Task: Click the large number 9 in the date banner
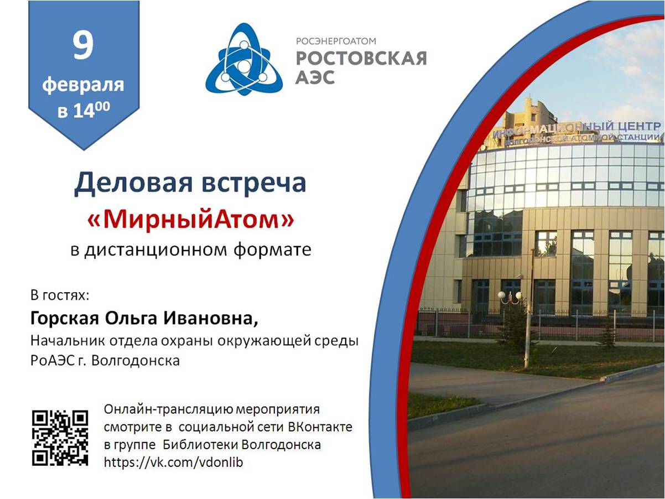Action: tap(82, 46)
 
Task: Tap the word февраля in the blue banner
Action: tap(83, 85)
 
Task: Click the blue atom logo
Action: tap(244, 59)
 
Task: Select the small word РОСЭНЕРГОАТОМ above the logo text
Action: tap(336, 41)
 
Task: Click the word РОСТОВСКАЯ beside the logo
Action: tap(361, 59)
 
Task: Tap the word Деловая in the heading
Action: tap(133, 183)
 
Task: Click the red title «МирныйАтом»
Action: tap(190, 220)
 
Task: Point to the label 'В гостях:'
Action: tap(60, 295)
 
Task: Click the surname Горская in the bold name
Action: tap(65, 319)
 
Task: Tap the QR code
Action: tap(60, 438)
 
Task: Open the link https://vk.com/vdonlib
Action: tap(173, 462)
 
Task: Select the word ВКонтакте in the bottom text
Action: tap(320, 427)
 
